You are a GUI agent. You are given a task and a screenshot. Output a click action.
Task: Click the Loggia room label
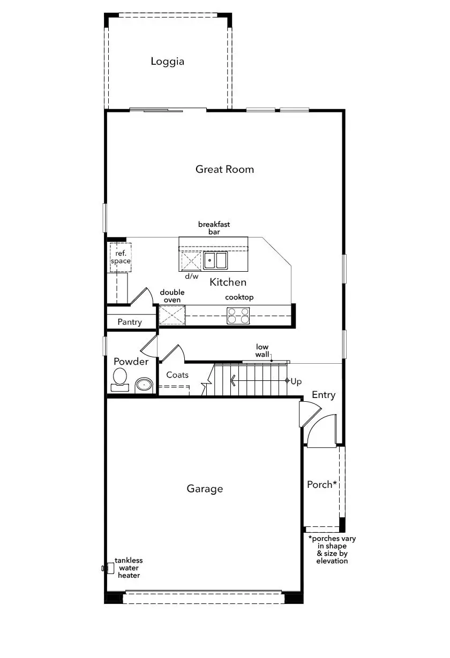tap(167, 62)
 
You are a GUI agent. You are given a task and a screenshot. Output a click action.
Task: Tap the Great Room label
tap(224, 169)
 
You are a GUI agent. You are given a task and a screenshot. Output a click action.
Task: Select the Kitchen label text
tap(228, 282)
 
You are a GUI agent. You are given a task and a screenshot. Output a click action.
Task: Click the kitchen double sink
tap(215, 261)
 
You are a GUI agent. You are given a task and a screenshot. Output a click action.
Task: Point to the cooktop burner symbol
tap(238, 316)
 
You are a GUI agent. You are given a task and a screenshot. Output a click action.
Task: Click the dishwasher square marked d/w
tap(191, 261)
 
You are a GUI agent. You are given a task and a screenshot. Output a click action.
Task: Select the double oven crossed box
tap(172, 315)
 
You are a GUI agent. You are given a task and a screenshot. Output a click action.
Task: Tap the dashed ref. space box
tap(121, 257)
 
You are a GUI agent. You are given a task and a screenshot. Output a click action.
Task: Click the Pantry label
tap(130, 322)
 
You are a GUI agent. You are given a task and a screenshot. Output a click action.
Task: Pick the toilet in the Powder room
tap(120, 380)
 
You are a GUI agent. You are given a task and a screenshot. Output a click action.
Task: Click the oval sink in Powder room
tap(144, 385)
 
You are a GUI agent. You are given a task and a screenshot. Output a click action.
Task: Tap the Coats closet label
tap(177, 375)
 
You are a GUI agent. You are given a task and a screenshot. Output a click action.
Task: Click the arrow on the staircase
tap(259, 381)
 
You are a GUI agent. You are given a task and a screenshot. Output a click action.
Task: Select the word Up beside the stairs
tap(296, 381)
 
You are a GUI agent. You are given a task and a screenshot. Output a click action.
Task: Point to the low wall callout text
tap(262, 351)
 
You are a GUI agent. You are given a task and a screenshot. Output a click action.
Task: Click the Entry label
tap(324, 395)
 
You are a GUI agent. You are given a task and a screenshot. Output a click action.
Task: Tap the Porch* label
tap(322, 484)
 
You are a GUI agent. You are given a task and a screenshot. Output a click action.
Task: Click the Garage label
tap(205, 489)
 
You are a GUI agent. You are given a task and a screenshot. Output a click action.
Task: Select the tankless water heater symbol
tap(108, 568)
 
